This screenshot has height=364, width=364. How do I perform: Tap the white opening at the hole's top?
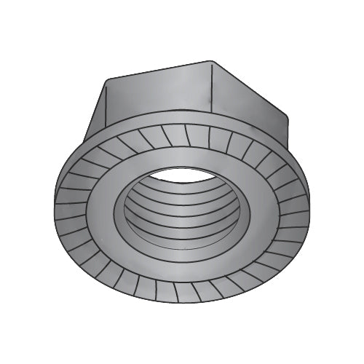tap(183, 175)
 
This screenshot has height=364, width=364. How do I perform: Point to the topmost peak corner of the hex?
tap(211, 60)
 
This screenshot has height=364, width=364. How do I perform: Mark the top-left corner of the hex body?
tap(108, 78)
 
